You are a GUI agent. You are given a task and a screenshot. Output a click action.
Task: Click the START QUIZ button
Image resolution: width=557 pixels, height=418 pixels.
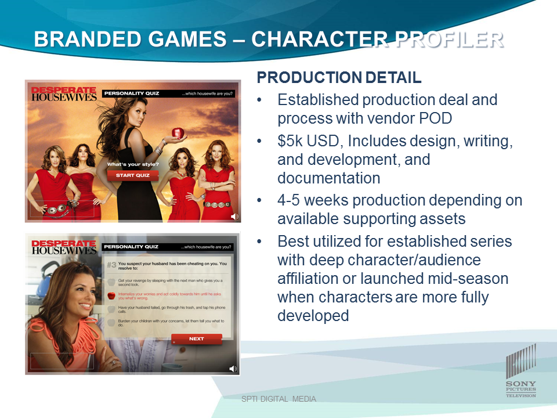pos(133,175)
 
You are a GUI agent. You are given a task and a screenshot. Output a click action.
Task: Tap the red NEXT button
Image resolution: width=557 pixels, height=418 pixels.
pos(196,339)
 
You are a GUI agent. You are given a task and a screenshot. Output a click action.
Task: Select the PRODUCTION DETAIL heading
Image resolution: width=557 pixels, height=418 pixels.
pos(339,78)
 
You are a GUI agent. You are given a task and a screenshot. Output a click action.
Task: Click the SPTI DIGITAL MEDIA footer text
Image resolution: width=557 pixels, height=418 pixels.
pos(278,399)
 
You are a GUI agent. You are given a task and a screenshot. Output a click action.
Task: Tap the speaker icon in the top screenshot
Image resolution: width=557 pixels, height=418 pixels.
pos(234,217)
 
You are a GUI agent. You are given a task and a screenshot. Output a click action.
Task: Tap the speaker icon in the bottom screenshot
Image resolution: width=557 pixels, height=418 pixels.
pos(233,369)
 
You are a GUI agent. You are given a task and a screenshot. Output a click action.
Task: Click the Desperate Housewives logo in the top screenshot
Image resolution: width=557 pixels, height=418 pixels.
pos(64,94)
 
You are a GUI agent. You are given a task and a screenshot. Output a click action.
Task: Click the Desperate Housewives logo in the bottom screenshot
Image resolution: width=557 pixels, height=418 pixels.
pos(64,247)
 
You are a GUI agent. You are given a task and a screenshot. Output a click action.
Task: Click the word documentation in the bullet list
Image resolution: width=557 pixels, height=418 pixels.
pos(328,178)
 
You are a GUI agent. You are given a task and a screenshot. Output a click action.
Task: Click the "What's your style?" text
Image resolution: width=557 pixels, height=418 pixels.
pos(133,164)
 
